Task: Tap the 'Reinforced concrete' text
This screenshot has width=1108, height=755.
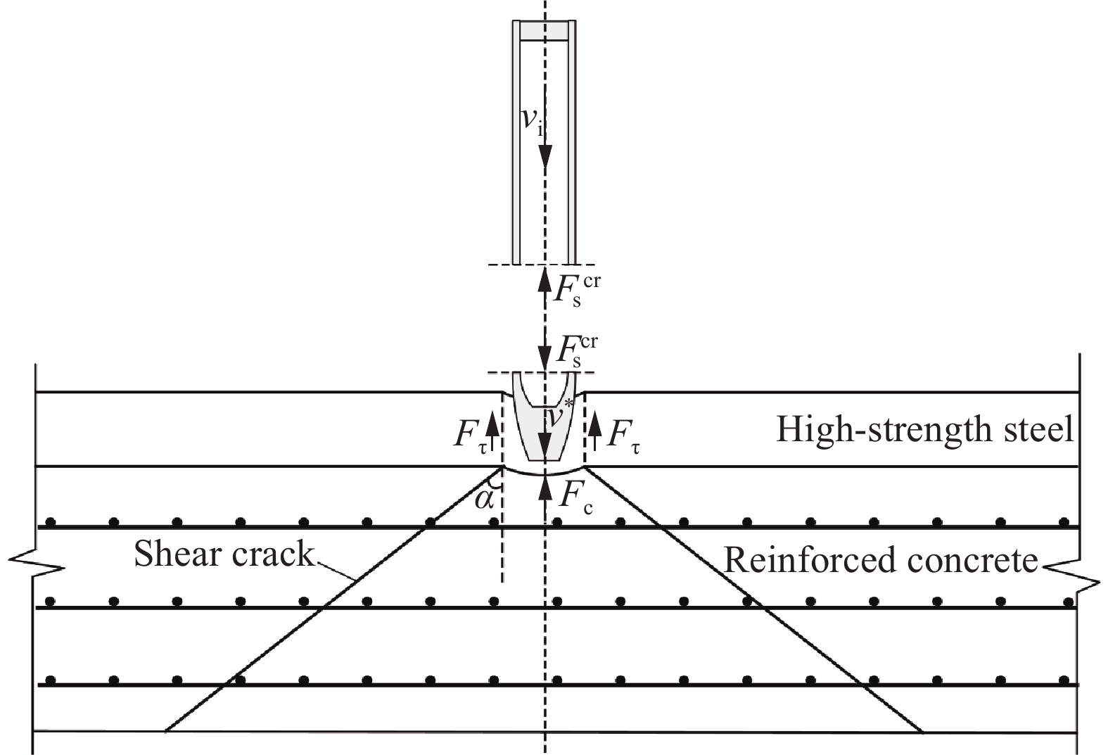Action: point(881,561)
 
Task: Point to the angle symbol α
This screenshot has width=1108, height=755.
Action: point(484,500)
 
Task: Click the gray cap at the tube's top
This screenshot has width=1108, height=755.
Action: point(544,31)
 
